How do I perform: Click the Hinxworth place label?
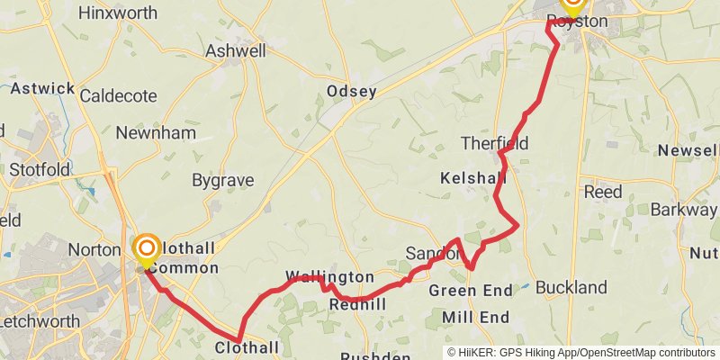coord(118,13)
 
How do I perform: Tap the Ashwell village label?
coord(236,51)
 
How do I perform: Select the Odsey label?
coord(352,91)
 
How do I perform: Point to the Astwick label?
coord(42,88)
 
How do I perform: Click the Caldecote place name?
coord(119,95)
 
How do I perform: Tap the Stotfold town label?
coord(40,169)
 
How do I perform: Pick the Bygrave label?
coord(223,180)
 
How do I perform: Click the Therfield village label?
coord(494,143)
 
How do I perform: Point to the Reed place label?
coord(602,192)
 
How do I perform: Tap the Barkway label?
coord(683,210)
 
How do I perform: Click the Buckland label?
coord(571,288)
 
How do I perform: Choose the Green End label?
coord(471,291)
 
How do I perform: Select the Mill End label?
coord(475,317)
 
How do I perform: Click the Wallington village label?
coord(329,276)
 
